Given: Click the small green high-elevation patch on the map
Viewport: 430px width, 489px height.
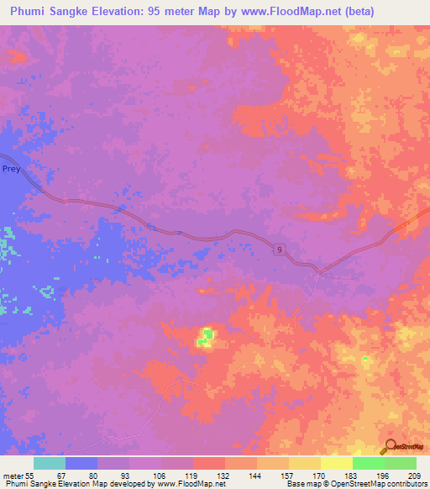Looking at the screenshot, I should coord(206,338).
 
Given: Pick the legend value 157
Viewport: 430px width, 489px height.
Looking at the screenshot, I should coord(265,476).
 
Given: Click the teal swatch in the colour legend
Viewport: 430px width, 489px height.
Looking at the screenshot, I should coord(49,463).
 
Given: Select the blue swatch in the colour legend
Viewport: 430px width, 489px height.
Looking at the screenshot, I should coord(81,463).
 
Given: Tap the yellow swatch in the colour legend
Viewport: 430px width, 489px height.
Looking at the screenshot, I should coord(336,463).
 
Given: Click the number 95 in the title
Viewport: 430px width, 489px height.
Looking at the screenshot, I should coord(159,11).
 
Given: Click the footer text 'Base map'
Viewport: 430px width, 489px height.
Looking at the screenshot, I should coord(302,484).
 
